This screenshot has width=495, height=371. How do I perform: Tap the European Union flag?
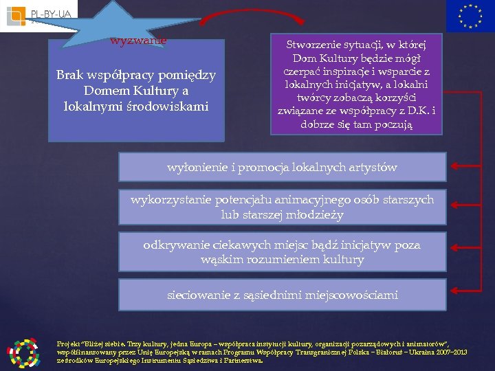470,16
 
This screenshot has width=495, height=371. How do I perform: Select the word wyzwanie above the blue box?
139,41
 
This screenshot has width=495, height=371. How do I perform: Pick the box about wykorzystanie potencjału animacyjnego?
283,207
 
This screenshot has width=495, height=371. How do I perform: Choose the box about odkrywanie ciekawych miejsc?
283,252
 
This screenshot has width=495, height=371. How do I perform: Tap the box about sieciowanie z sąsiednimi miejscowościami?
283,295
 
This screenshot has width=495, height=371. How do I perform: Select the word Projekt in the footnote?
69,343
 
